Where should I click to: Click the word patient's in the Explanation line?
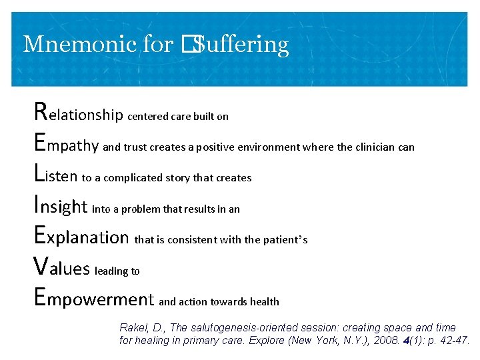pyautogui.click(x=285, y=239)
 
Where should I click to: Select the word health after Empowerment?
pyautogui.click(x=265, y=301)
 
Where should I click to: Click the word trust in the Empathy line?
pyautogui.click(x=135, y=147)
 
